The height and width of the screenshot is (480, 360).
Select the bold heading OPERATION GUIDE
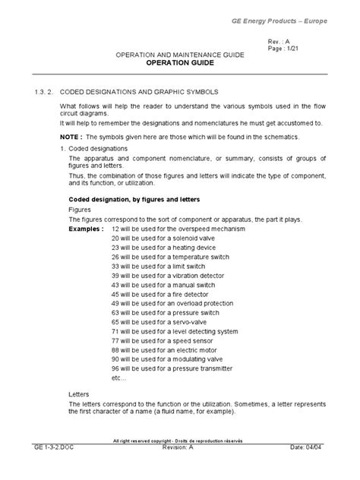pos(180,65)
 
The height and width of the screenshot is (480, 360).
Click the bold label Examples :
pos(84,229)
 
